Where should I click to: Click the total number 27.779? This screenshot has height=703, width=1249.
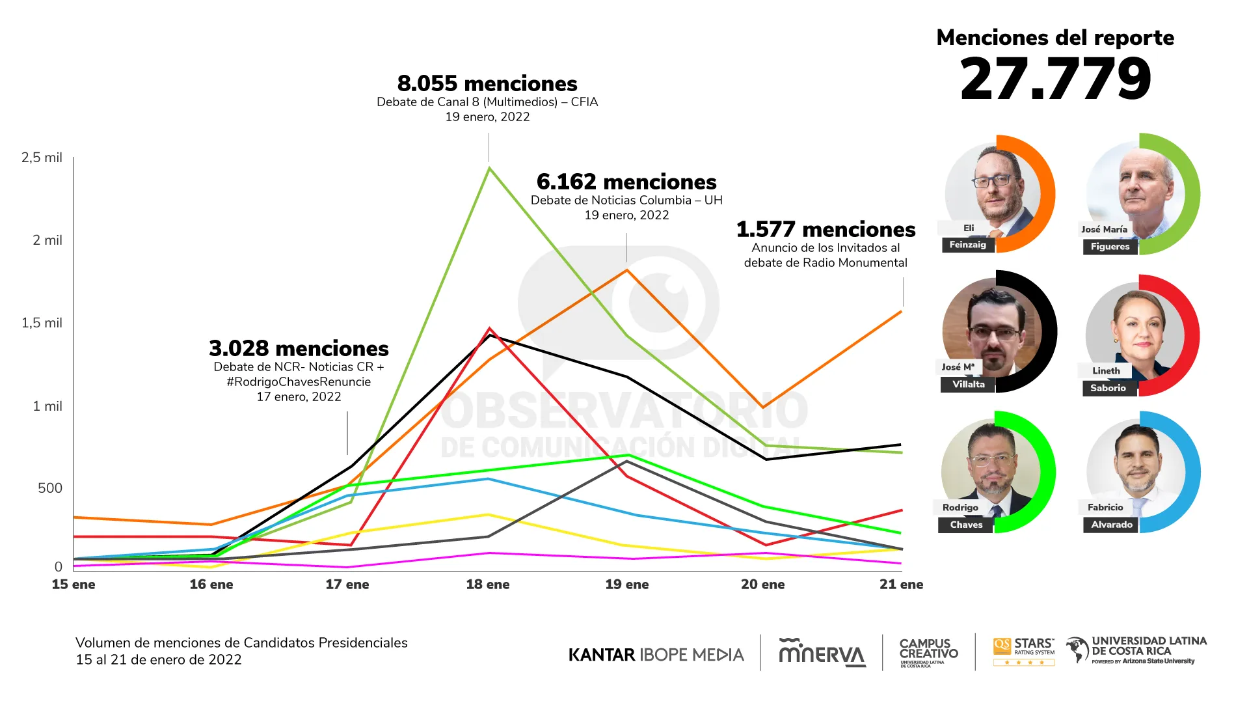tap(1055, 79)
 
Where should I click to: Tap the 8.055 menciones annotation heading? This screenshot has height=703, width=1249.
tap(487, 84)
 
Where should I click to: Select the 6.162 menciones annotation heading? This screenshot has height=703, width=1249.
tap(626, 182)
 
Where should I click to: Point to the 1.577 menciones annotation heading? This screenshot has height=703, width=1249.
tap(826, 230)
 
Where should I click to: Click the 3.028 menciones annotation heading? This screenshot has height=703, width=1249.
tap(299, 348)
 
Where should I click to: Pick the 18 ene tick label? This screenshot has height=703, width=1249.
tap(488, 585)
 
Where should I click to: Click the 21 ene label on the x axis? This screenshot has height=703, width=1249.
tap(901, 585)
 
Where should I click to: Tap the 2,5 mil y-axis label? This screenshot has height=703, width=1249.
tap(42, 158)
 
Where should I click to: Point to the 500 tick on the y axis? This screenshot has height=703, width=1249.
tap(49, 488)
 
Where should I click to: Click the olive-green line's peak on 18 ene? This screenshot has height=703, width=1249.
tap(489, 168)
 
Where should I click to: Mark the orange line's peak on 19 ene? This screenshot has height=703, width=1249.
tap(627, 270)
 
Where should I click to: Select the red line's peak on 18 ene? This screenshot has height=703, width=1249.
tap(489, 329)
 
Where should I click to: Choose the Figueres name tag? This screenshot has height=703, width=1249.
tap(1110, 247)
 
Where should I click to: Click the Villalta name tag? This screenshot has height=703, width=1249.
tap(968, 385)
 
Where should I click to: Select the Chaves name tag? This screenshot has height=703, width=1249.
tap(966, 525)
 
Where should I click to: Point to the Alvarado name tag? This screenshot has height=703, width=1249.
tap(1111, 525)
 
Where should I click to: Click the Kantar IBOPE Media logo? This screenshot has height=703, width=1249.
tap(656, 655)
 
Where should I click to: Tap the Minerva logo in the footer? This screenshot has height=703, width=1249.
tap(822, 653)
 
